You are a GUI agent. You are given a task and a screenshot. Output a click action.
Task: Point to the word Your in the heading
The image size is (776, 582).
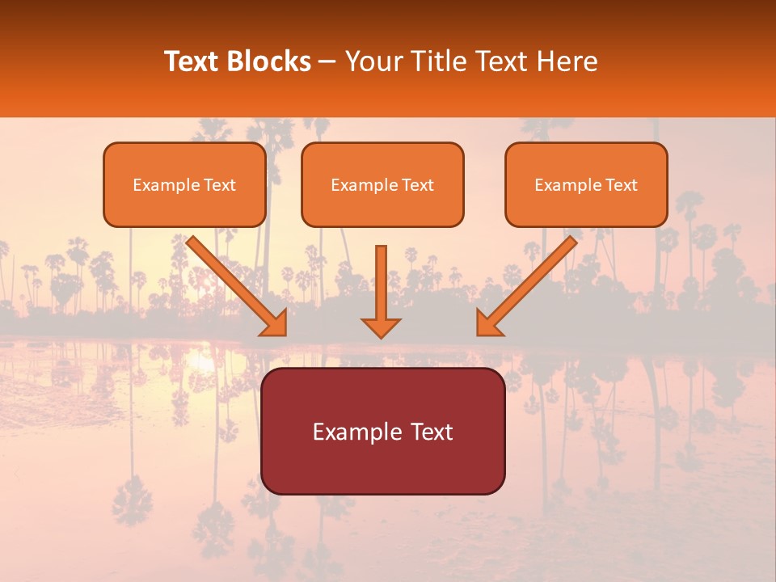pyautogui.click(x=370, y=61)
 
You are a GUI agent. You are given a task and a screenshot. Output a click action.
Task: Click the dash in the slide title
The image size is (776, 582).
pyautogui.click(x=327, y=62)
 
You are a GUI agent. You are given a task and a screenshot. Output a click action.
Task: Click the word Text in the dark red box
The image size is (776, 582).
pyautogui.click(x=432, y=432)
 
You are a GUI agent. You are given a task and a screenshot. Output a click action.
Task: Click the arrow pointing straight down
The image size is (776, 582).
pyautogui.click(x=381, y=283)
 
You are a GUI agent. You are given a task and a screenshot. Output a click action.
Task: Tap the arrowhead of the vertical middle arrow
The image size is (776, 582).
pyautogui.click(x=381, y=327)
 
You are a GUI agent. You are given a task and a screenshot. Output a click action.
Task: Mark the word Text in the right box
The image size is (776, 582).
pyautogui.click(x=622, y=185)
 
